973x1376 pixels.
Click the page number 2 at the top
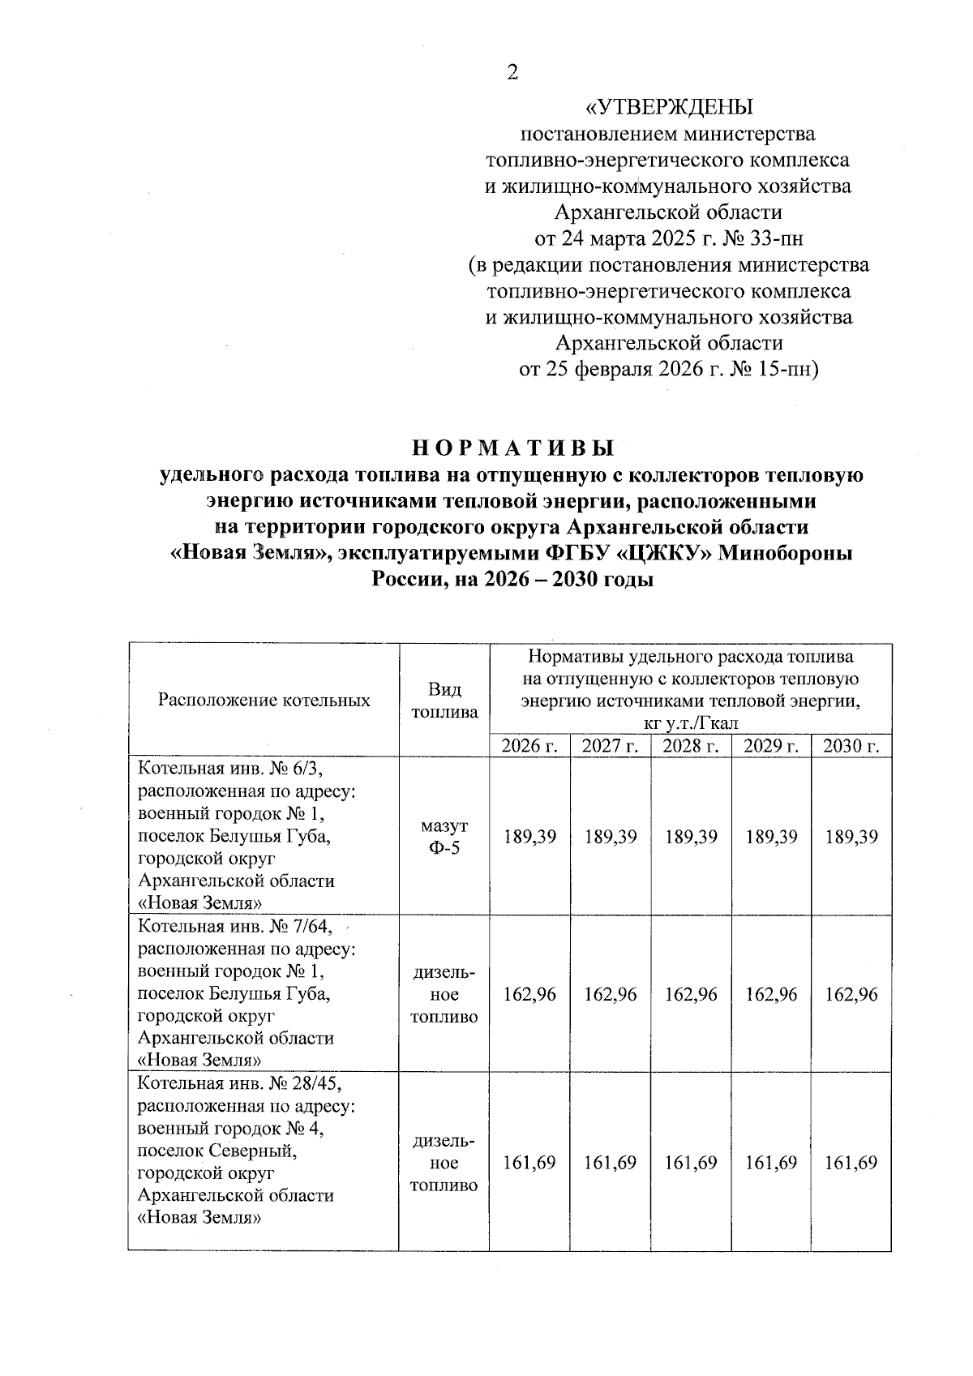[x=512, y=73]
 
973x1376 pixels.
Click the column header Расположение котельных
[x=264, y=701]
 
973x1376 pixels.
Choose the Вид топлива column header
[x=444, y=701]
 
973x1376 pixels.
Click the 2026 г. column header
[x=529, y=746]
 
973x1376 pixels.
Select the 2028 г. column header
[x=691, y=746]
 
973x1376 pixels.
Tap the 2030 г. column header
[x=851, y=746]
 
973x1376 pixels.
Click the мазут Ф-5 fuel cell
[x=444, y=837]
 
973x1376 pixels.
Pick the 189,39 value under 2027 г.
[x=611, y=837]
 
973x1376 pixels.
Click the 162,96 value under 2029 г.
[x=771, y=994]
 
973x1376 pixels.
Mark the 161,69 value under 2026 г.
[x=529, y=1163]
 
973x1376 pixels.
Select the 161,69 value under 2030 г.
[x=851, y=1163]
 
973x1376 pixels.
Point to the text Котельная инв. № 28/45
[x=245, y=1084]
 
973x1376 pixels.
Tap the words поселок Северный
[x=217, y=1151]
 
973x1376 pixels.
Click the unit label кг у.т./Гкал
[x=690, y=723]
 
